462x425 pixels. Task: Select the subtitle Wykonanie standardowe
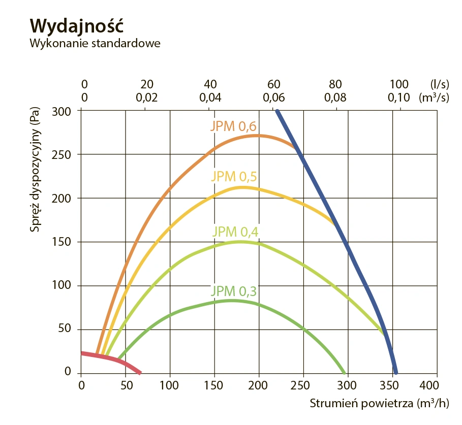95,43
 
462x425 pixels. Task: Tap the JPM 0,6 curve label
233,126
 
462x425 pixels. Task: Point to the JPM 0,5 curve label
233,176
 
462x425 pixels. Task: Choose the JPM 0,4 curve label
233,231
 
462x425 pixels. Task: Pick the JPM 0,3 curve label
233,291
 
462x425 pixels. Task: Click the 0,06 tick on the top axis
273,97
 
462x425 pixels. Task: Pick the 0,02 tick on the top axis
146,97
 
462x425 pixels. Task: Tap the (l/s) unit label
438,84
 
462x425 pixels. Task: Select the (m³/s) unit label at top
434,97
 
